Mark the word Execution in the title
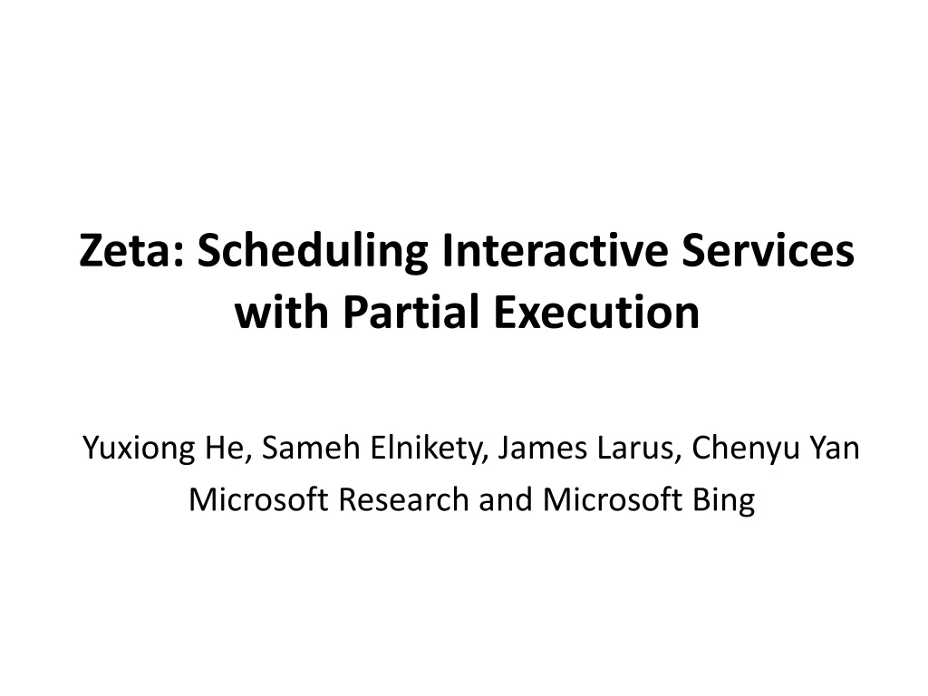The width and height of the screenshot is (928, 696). [597, 314]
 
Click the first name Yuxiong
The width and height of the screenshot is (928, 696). [141, 449]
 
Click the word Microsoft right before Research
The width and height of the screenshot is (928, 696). [259, 499]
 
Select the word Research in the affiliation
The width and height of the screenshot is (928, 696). [404, 499]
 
